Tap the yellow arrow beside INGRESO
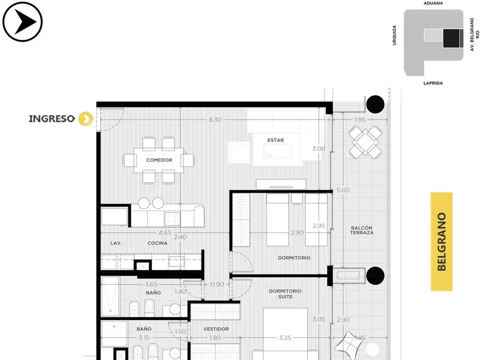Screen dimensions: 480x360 tap(86, 119)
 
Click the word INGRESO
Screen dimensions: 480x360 tap(52, 119)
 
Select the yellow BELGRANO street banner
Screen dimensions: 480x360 tap(442, 241)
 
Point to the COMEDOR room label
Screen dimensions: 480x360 tap(159, 160)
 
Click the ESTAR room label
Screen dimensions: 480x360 tap(276, 140)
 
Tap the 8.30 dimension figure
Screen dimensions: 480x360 tap(215, 120)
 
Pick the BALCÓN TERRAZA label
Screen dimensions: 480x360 tap(362, 230)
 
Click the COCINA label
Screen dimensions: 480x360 tap(157, 243)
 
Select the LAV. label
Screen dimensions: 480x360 tap(116, 243)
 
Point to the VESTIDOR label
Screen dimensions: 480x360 tap(216, 329)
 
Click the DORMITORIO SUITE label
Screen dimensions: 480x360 tap(285, 294)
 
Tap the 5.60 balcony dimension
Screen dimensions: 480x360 tap(343, 190)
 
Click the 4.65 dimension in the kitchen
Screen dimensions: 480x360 tap(165, 232)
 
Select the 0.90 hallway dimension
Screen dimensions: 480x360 tap(217, 285)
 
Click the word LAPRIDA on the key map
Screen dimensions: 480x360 tap(433, 83)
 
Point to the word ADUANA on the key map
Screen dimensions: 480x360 tap(433, 3)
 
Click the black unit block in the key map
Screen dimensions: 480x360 tap(451, 38)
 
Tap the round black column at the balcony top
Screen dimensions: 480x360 tap(375, 105)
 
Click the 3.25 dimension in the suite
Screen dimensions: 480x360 tap(285, 337)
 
